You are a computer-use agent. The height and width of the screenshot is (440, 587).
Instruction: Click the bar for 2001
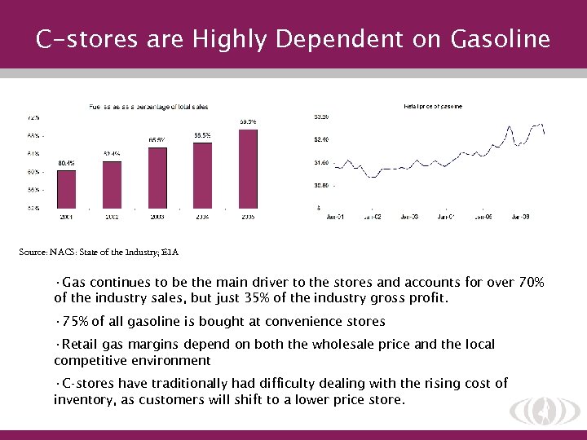coord(67,188)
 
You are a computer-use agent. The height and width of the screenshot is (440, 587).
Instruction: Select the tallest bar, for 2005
coord(248,168)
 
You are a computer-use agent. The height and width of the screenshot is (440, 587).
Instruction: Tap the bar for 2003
coord(157,177)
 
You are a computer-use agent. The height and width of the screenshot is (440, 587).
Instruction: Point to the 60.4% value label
coord(67,163)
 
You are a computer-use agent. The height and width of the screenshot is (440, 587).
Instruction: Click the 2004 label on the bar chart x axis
coord(202,217)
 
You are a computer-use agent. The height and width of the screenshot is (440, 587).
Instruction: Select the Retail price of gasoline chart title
coord(432,106)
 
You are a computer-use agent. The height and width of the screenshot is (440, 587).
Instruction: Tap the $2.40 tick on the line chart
coord(321,139)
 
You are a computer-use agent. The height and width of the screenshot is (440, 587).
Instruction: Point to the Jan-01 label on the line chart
coord(334,217)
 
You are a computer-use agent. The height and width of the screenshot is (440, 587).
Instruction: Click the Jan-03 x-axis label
coord(408,217)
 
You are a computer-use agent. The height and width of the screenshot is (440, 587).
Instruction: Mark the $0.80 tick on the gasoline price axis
coord(321,186)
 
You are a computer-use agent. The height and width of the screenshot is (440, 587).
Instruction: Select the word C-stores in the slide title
coord(73,39)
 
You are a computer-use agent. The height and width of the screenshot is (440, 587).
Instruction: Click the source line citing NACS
coord(98,253)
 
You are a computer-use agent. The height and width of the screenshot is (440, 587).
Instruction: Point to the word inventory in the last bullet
coord(86,399)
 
